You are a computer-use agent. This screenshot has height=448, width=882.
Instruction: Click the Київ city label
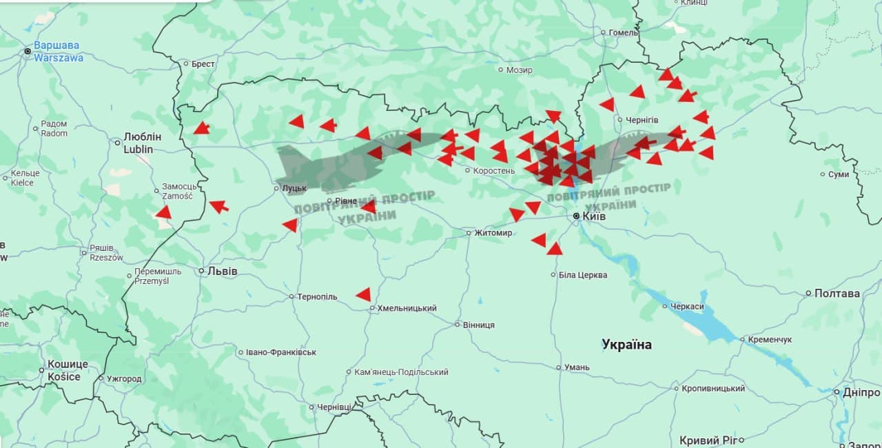(593, 216)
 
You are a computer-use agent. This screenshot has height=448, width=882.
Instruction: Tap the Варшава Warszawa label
(57, 52)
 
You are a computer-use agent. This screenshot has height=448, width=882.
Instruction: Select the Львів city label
(222, 272)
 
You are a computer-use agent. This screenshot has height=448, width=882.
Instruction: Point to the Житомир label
(493, 233)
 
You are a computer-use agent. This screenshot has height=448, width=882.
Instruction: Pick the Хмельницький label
(407, 309)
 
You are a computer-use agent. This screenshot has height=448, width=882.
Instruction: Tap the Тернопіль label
(317, 297)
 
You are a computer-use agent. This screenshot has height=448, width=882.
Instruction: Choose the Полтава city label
(837, 294)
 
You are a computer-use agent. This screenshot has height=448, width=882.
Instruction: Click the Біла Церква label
(582, 275)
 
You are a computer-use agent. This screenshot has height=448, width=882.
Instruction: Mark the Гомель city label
(624, 32)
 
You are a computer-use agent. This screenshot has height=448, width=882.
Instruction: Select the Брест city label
(203, 64)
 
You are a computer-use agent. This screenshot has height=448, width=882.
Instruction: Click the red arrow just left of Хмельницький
(363, 295)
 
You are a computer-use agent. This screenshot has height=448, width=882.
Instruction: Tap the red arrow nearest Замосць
(163, 212)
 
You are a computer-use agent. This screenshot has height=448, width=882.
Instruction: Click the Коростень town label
(494, 170)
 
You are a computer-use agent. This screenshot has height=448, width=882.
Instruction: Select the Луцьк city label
(294, 188)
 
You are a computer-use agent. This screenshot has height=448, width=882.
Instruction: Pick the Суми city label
(838, 174)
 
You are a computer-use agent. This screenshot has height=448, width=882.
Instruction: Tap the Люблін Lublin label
(142, 143)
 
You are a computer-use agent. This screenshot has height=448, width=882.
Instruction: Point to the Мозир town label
(518, 70)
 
